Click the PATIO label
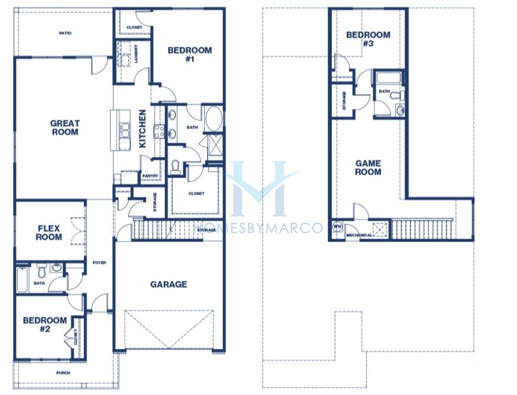(65, 33)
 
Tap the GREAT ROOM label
(64, 128)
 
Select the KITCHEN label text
(142, 129)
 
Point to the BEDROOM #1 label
(190, 54)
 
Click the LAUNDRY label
(136, 54)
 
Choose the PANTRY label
(150, 176)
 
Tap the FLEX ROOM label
(49, 233)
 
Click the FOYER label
(99, 263)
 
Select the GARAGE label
(169, 284)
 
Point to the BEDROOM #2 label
(45, 325)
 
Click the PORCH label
(63, 373)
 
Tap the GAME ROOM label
(368, 168)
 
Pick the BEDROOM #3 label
(368, 39)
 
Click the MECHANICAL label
(359, 235)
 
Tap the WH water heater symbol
(337, 227)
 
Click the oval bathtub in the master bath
(214, 118)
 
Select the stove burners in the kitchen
(160, 131)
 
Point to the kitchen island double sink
(125, 130)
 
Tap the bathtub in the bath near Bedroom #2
(22, 280)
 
